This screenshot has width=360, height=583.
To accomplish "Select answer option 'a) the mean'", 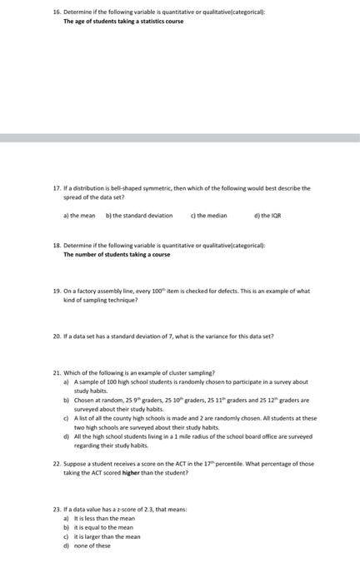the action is (x=77, y=215).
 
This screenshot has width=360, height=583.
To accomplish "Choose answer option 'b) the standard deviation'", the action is (x=139, y=215).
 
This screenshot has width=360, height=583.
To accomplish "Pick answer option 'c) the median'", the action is (x=209, y=215).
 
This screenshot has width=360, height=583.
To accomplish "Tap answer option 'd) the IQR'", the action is (x=268, y=215).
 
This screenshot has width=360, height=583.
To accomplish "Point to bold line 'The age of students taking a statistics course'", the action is (x=124, y=22).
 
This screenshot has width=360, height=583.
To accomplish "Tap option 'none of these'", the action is (x=92, y=546).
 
